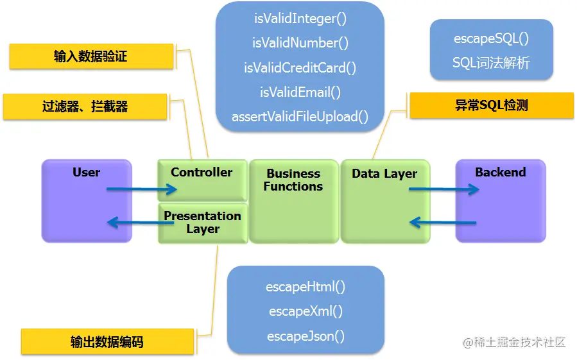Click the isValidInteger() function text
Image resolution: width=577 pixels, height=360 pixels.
(x=300, y=19)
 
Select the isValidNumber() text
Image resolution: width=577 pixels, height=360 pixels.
(x=300, y=43)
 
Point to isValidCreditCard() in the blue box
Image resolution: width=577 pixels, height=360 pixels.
(x=300, y=67)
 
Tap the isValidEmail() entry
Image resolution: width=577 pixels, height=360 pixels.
(x=300, y=92)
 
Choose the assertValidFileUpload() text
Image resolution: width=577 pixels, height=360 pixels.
(x=300, y=117)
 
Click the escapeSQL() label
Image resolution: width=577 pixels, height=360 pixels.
(x=491, y=39)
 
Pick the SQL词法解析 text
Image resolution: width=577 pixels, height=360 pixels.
(x=491, y=63)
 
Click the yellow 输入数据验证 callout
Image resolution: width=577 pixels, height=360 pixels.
(x=91, y=56)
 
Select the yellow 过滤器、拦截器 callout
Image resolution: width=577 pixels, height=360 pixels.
(x=85, y=107)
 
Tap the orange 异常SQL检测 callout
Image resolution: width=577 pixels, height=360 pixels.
(x=491, y=105)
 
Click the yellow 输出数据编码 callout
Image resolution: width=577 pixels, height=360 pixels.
(x=107, y=341)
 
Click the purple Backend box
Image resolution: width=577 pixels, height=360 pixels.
(x=500, y=201)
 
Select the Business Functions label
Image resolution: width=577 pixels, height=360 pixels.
(x=293, y=180)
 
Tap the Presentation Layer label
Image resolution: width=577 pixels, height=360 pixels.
(x=202, y=222)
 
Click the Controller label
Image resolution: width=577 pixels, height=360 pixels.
(x=202, y=172)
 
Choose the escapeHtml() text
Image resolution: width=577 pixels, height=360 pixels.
(x=306, y=287)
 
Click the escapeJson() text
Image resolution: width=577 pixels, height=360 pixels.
(x=306, y=336)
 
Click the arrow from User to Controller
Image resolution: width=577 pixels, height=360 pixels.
(x=141, y=189)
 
